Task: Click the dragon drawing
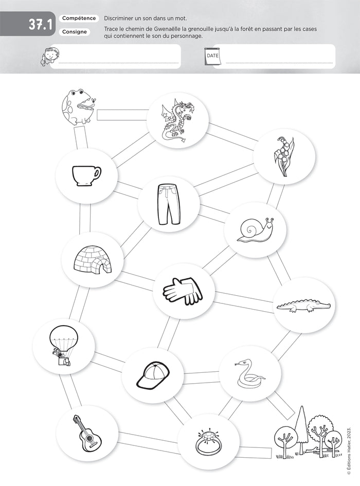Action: (177, 121)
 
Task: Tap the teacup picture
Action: (86, 176)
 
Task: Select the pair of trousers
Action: (169, 204)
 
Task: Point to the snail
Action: (256, 229)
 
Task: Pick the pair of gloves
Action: (183, 291)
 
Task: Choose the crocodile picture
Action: (303, 306)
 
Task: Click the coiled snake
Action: (249, 373)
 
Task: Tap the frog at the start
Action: (78, 106)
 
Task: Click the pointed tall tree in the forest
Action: (301, 430)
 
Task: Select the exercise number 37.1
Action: (40, 25)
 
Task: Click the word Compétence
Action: (79, 19)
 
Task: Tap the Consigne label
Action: (75, 31)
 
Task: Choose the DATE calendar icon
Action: (212, 56)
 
